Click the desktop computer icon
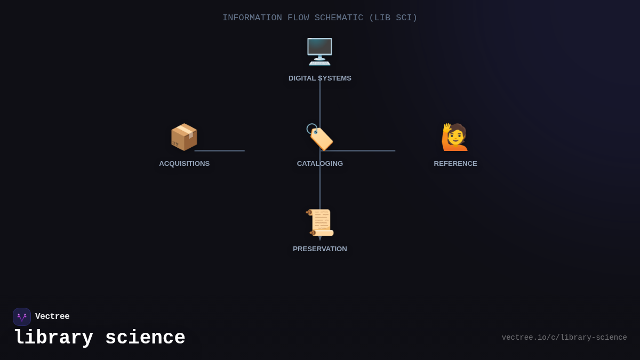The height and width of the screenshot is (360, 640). [319, 52]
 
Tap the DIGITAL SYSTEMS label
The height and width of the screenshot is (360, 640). [320, 78]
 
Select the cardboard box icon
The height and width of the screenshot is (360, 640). [184, 137]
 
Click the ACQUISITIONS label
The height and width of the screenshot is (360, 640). [184, 164]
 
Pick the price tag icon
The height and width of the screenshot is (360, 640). [319, 138]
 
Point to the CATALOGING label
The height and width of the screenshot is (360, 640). [320, 164]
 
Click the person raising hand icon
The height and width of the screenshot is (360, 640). [455, 137]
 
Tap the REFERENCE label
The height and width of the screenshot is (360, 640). [455, 164]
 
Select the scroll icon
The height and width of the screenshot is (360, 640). [320, 222]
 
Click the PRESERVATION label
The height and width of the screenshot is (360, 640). [320, 249]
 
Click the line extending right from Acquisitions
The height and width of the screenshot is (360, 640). [220, 150]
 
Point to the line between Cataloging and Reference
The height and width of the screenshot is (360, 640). [368, 150]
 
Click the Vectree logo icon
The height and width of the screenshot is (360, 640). [22, 317]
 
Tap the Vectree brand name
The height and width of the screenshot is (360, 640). [52, 317]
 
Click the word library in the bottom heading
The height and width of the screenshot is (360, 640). [53, 338]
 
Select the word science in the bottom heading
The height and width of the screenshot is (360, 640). [145, 338]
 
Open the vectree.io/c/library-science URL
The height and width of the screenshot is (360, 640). [564, 338]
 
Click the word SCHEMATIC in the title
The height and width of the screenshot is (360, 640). [339, 18]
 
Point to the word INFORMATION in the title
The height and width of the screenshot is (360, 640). [252, 18]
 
